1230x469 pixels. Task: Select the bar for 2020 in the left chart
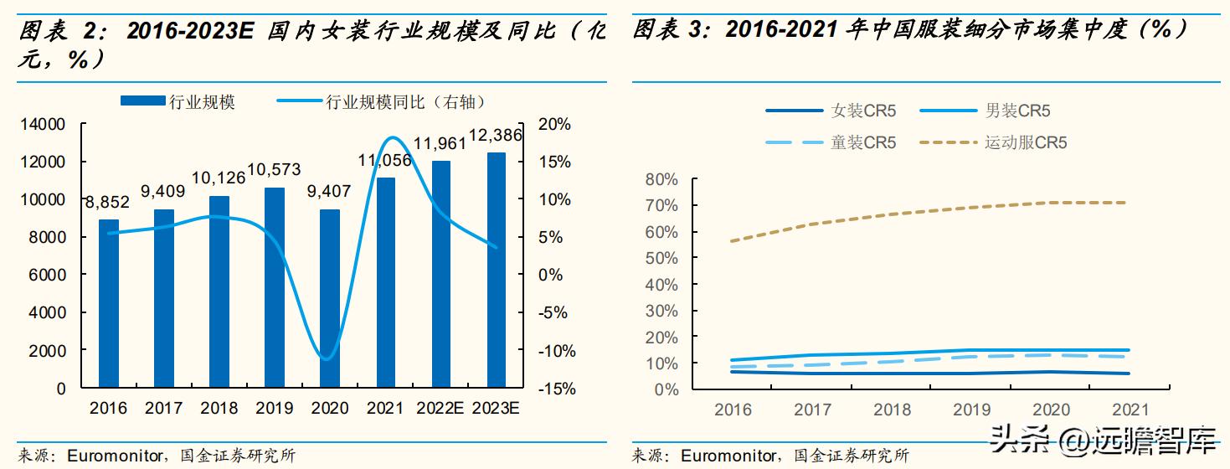coord(330,298)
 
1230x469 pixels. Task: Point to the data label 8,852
coord(108,202)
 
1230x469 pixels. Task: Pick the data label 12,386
coord(496,135)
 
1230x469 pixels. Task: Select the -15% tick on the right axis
coord(552,389)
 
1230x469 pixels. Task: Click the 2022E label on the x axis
coord(440,409)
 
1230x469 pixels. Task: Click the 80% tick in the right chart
coord(661,179)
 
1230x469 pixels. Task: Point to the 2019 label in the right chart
coord(971,410)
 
